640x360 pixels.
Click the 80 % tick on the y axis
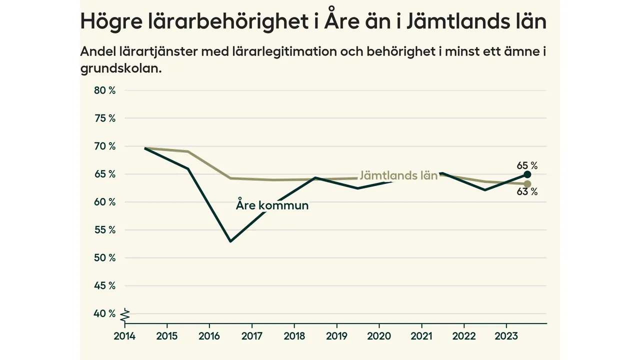point(105,90)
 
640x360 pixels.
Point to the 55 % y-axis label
point(105,230)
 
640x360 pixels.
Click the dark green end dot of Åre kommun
point(527,174)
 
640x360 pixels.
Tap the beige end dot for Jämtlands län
point(527,184)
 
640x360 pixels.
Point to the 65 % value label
point(527,165)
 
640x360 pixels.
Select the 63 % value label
point(527,192)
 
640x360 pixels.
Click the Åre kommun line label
point(272,205)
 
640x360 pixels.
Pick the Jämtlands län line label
point(398,175)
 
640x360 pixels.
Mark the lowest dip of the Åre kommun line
point(230,241)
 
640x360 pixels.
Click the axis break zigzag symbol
point(125,315)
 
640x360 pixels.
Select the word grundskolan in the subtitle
point(121,68)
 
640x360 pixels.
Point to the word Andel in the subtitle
point(96,52)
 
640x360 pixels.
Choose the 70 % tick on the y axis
point(105,146)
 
